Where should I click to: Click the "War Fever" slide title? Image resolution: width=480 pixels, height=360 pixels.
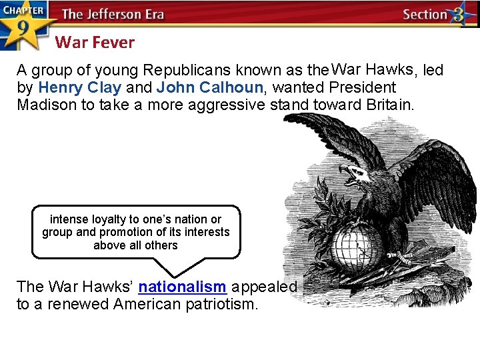point(95,43)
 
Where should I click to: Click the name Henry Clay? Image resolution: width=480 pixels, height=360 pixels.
point(80,87)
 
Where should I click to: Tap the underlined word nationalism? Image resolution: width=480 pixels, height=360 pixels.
point(183,287)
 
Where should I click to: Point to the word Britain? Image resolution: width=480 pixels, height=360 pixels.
point(390,105)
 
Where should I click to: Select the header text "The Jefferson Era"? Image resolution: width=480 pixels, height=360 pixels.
point(113,14)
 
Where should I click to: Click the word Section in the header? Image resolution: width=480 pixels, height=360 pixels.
point(425,15)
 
